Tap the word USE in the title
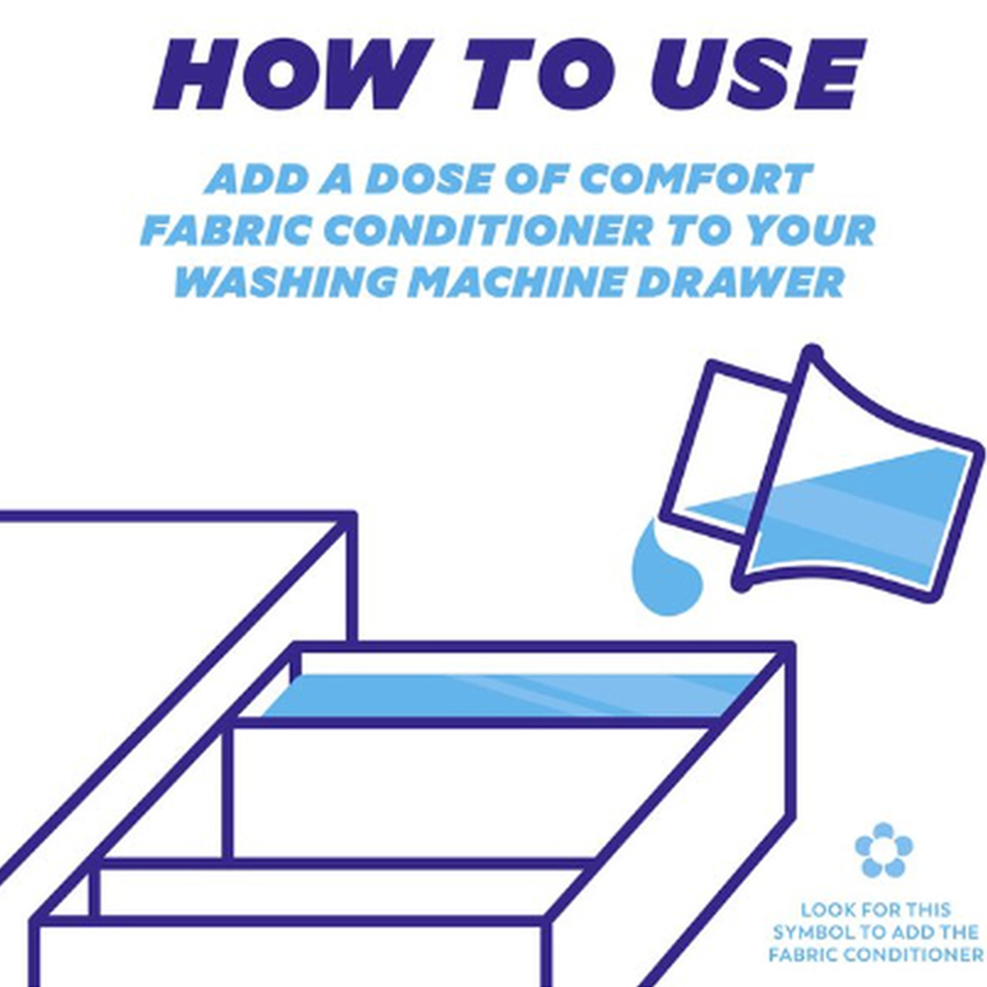tap(758, 74)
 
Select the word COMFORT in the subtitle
tap(700, 179)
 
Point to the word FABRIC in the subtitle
tap(225, 229)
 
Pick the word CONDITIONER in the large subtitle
tap(489, 229)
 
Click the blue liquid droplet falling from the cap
tap(664, 572)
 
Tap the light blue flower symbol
tap(883, 850)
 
